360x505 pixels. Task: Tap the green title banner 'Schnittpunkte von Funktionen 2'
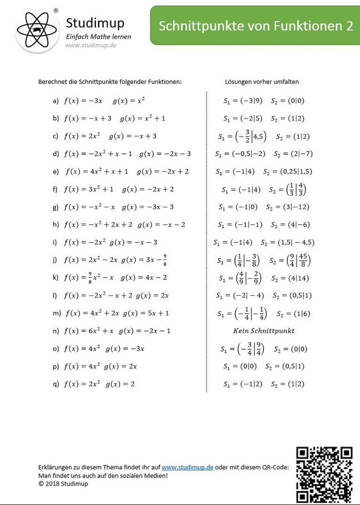[256, 26]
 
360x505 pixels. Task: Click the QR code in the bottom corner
[324, 474]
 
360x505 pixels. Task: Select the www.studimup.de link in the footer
[188, 467]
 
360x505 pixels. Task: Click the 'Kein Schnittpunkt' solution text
[263, 331]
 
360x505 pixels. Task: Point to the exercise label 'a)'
[56, 101]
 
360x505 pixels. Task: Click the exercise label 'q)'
[56, 384]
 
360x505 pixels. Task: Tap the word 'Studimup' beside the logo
[95, 23]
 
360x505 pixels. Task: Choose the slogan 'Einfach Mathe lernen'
[99, 36]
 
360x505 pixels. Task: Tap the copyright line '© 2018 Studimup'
[63, 484]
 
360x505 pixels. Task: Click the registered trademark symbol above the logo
[56, 11]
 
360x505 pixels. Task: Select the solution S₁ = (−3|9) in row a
[240, 101]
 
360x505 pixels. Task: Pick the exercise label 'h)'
[56, 225]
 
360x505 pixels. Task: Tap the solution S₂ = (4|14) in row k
[290, 278]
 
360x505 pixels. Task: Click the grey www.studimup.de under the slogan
[90, 45]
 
